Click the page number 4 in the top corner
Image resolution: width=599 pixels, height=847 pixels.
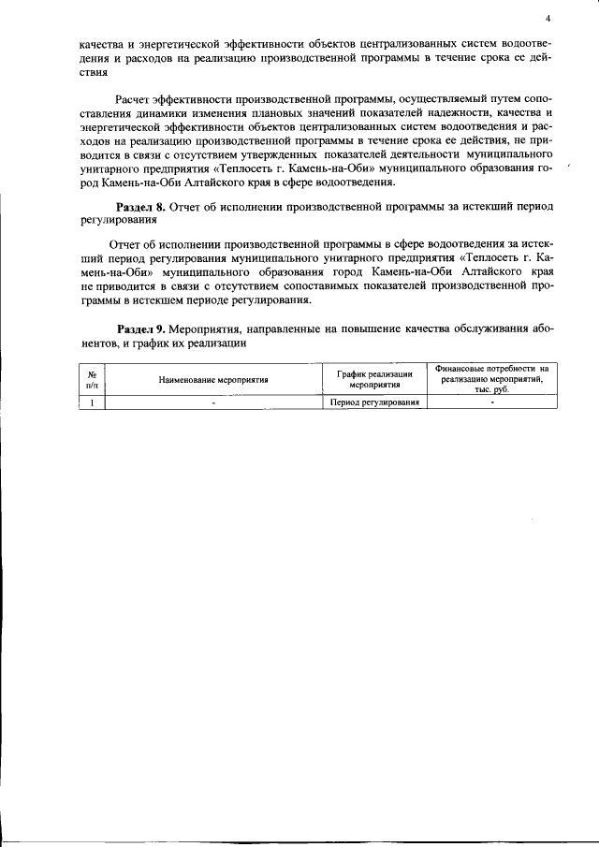click(549, 18)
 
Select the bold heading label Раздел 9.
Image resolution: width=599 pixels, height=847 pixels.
click(140, 330)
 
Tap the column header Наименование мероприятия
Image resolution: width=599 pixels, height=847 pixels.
click(213, 380)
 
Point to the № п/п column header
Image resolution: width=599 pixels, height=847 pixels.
click(92, 379)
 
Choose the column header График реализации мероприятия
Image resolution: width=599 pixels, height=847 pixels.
click(375, 379)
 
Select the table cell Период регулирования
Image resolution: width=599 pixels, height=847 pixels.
click(375, 402)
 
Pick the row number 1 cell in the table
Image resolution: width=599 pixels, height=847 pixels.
click(92, 402)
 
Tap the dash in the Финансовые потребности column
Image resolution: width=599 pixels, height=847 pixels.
click(492, 402)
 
